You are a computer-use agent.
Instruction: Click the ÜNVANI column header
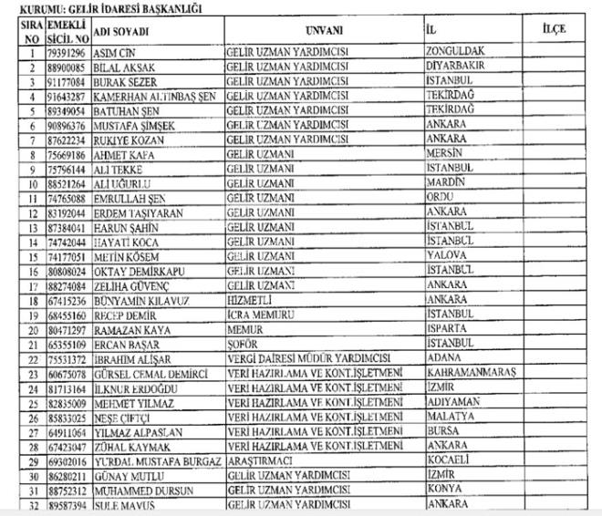tap(324, 28)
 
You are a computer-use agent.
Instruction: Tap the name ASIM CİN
tap(115, 51)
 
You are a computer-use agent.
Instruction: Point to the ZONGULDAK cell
tap(455, 50)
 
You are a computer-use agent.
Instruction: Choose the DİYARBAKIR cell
tap(458, 65)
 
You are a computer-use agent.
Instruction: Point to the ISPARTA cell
tap(449, 327)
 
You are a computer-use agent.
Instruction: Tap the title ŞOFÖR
tap(246, 343)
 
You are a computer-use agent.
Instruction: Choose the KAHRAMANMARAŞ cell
tap(472, 372)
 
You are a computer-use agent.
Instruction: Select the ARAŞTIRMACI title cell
tap(265, 460)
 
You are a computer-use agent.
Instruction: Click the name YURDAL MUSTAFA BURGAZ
tap(157, 460)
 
